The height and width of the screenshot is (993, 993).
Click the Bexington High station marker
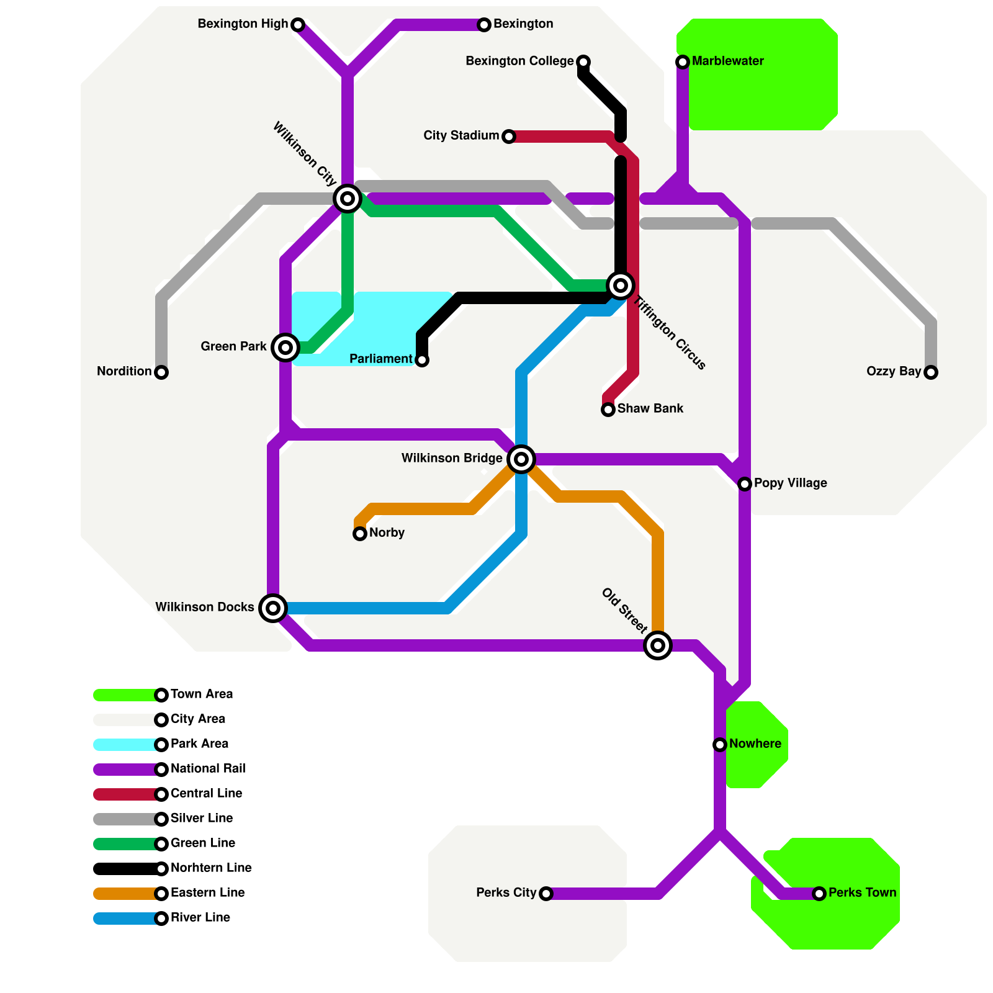point(298,25)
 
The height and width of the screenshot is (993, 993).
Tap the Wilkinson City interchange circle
point(348,199)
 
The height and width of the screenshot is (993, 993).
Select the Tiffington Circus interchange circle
point(621,285)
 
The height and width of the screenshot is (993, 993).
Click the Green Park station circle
point(285,348)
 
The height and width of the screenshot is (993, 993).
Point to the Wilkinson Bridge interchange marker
point(521,459)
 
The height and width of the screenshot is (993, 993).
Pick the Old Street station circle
point(658,645)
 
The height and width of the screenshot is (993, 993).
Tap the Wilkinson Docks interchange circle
point(273,608)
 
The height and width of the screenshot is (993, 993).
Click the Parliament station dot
point(422,360)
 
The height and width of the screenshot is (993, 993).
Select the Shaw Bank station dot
point(608,410)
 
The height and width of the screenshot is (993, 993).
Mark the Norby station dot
point(360,534)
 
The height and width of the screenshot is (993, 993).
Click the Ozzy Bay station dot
point(931,372)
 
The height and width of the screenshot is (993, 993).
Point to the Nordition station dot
point(161,372)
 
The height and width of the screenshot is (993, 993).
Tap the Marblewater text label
point(727,61)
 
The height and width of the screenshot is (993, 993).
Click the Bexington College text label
point(519,61)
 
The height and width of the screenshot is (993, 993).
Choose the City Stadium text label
point(461,135)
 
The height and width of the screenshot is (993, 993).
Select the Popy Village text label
point(790,483)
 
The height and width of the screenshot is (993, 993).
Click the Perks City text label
point(506,892)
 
